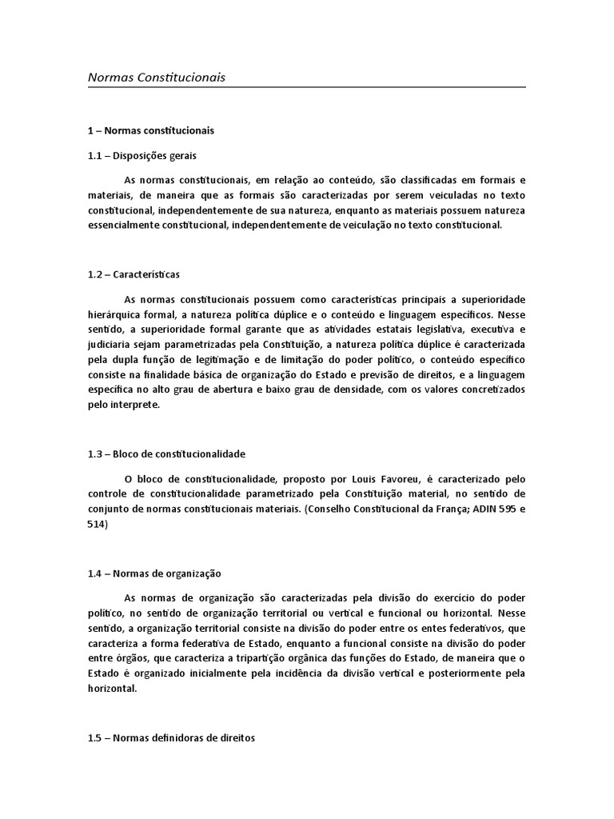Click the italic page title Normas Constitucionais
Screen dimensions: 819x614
(x=157, y=78)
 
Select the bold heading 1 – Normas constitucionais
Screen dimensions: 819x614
(x=151, y=130)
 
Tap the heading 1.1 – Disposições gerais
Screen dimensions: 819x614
(x=142, y=155)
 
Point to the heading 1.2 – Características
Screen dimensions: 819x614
(x=134, y=274)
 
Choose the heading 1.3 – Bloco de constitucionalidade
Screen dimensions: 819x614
(x=166, y=453)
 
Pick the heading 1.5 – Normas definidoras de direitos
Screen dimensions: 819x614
(x=171, y=739)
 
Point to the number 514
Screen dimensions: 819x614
(x=97, y=524)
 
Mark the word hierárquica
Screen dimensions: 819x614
(x=115, y=314)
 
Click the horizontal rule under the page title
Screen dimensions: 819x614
(x=307, y=86)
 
